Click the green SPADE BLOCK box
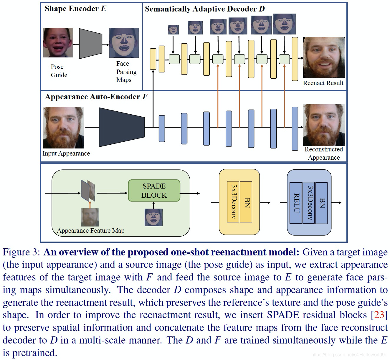154,191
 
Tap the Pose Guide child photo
58,43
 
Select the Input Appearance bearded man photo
63,128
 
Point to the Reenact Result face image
324,58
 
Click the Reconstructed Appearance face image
324,125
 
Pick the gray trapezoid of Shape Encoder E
90,44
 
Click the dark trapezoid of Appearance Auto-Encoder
122,127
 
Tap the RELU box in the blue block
296,203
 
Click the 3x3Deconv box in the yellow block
233,202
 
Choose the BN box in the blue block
322,203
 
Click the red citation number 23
379,315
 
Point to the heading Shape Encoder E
75,9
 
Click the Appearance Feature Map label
91,231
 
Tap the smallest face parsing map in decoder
173,29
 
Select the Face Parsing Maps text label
126,72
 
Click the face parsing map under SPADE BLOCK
153,217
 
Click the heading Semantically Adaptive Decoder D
205,9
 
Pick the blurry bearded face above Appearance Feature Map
90,217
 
